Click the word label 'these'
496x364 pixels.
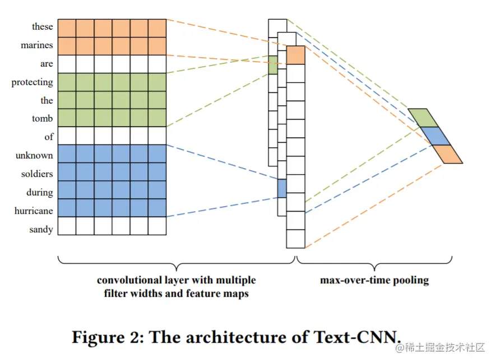click(42, 27)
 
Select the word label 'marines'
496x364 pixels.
click(37, 45)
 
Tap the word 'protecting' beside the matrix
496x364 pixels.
click(32, 82)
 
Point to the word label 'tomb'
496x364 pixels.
click(43, 119)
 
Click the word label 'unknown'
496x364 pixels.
click(34, 156)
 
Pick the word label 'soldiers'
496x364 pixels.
click(36, 174)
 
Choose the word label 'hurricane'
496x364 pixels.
click(34, 211)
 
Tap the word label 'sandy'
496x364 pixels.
click(41, 230)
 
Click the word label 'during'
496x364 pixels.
click(39, 193)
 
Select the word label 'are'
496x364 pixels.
click(47, 64)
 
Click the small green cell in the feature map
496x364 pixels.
click(272, 65)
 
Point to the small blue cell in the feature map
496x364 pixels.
click(281, 188)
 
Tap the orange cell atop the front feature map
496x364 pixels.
click(295, 55)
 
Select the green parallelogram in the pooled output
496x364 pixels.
click(423, 118)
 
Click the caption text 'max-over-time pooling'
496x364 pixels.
click(374, 280)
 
